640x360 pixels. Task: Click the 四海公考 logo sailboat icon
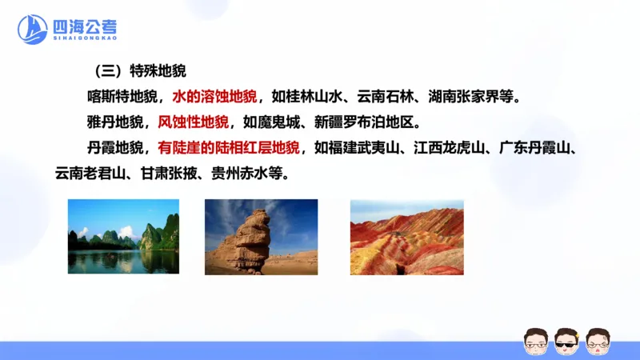33,29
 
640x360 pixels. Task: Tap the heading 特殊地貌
158,70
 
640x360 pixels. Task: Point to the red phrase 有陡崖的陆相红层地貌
229,147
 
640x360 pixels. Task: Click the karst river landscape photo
123,236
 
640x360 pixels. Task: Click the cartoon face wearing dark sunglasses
567,341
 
